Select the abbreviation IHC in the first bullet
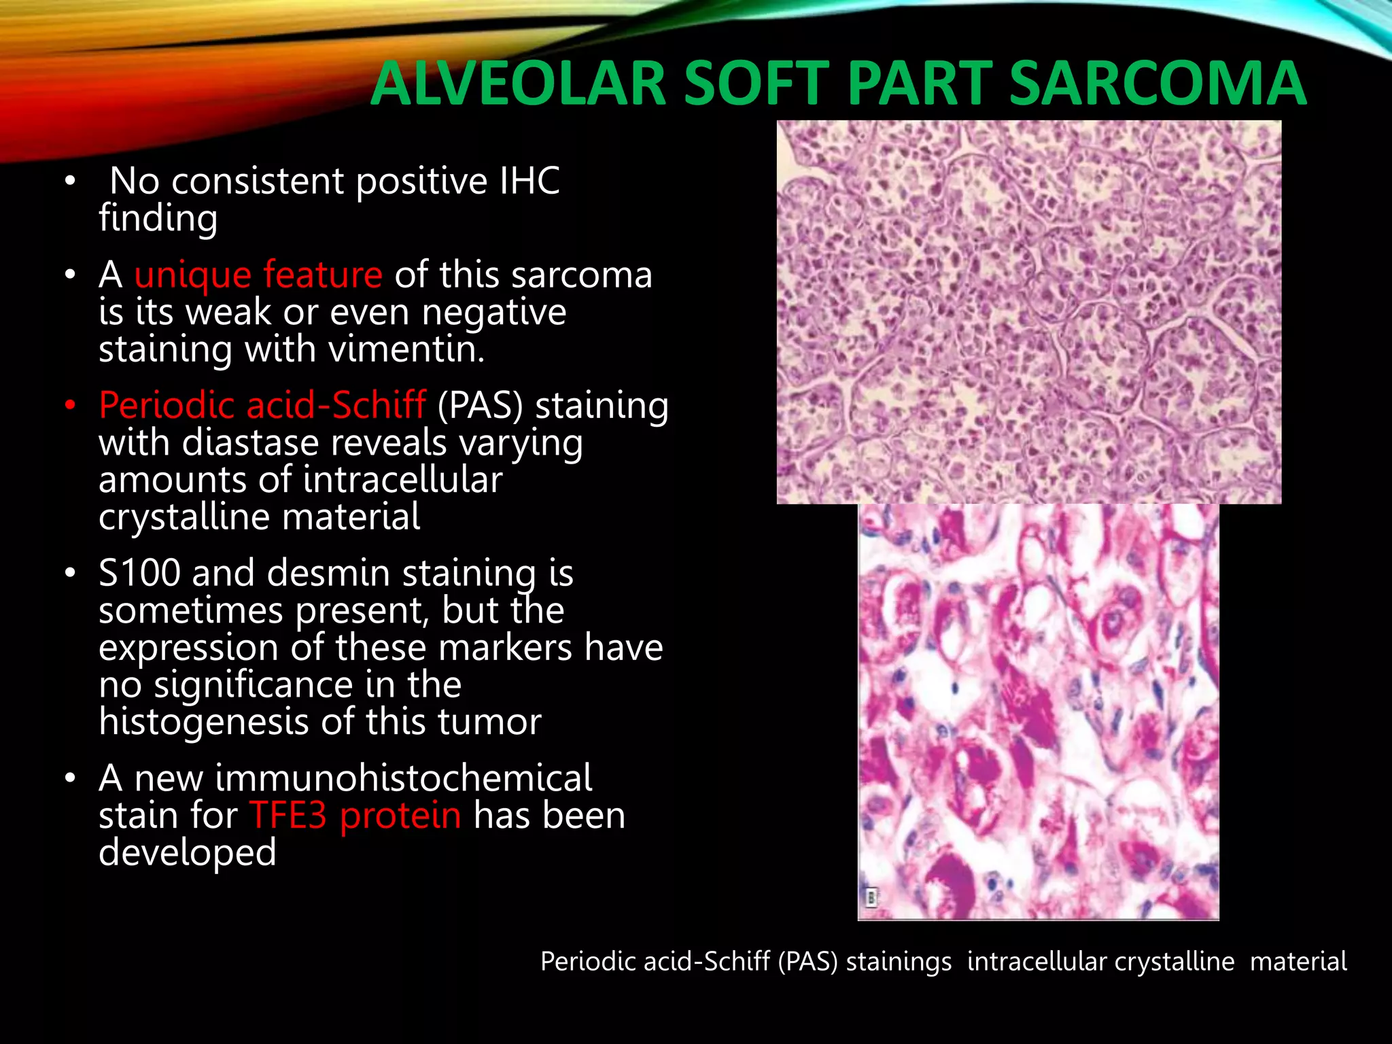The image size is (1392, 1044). [x=529, y=181]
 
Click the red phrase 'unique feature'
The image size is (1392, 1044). [x=258, y=275]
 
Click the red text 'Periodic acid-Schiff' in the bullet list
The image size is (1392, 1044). [x=262, y=405]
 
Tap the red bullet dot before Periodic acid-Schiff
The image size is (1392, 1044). [x=70, y=406]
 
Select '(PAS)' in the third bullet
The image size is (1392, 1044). [x=481, y=406]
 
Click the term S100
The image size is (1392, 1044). [x=139, y=573]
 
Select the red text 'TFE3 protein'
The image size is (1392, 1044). [x=355, y=816]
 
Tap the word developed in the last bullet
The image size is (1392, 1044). [x=188, y=852]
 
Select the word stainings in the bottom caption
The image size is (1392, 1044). [x=899, y=962]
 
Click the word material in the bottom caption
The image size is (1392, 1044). [x=1298, y=962]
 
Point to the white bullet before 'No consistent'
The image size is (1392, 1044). [x=70, y=181]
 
